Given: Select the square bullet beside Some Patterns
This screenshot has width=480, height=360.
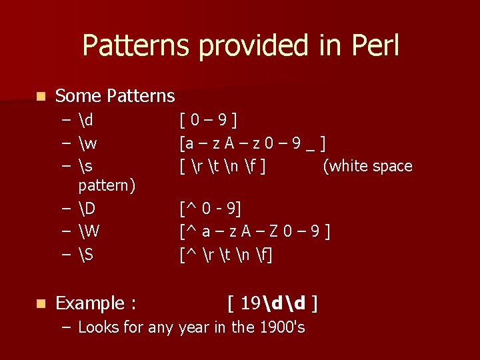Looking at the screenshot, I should pyautogui.click(x=41, y=97).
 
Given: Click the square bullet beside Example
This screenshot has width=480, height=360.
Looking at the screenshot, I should pyautogui.click(x=41, y=304).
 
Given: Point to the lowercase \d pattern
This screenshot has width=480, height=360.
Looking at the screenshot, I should pyautogui.click(x=85, y=121).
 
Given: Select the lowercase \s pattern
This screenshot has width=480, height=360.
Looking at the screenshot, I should pyautogui.click(x=85, y=166).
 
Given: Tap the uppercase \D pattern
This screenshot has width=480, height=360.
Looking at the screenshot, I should pyautogui.click(x=87, y=209).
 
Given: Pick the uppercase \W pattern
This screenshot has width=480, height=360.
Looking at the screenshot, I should pyautogui.click(x=89, y=231).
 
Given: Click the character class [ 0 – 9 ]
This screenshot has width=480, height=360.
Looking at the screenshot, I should pyautogui.click(x=209, y=121).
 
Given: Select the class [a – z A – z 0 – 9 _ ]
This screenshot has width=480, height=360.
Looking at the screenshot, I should pyautogui.click(x=253, y=143).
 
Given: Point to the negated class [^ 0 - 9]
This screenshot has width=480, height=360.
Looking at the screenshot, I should pyautogui.click(x=210, y=209).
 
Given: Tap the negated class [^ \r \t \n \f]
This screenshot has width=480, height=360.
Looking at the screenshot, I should pyautogui.click(x=226, y=254).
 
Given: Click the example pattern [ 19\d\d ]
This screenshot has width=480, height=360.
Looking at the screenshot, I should pyautogui.click(x=272, y=304).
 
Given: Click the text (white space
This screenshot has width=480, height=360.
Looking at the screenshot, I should pyautogui.click(x=367, y=166).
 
